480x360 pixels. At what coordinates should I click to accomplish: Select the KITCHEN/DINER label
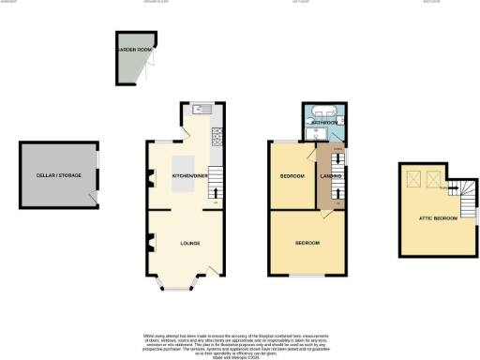(184, 176)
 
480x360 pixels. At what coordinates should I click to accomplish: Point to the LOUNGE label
(191, 244)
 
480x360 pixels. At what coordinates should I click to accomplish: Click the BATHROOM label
(324, 122)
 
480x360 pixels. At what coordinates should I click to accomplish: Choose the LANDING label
(329, 176)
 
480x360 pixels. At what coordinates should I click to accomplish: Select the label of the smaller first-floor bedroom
(293, 176)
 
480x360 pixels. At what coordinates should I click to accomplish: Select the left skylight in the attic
(412, 178)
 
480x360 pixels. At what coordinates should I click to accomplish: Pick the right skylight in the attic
(433, 178)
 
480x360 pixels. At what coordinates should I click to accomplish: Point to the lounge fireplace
(150, 247)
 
